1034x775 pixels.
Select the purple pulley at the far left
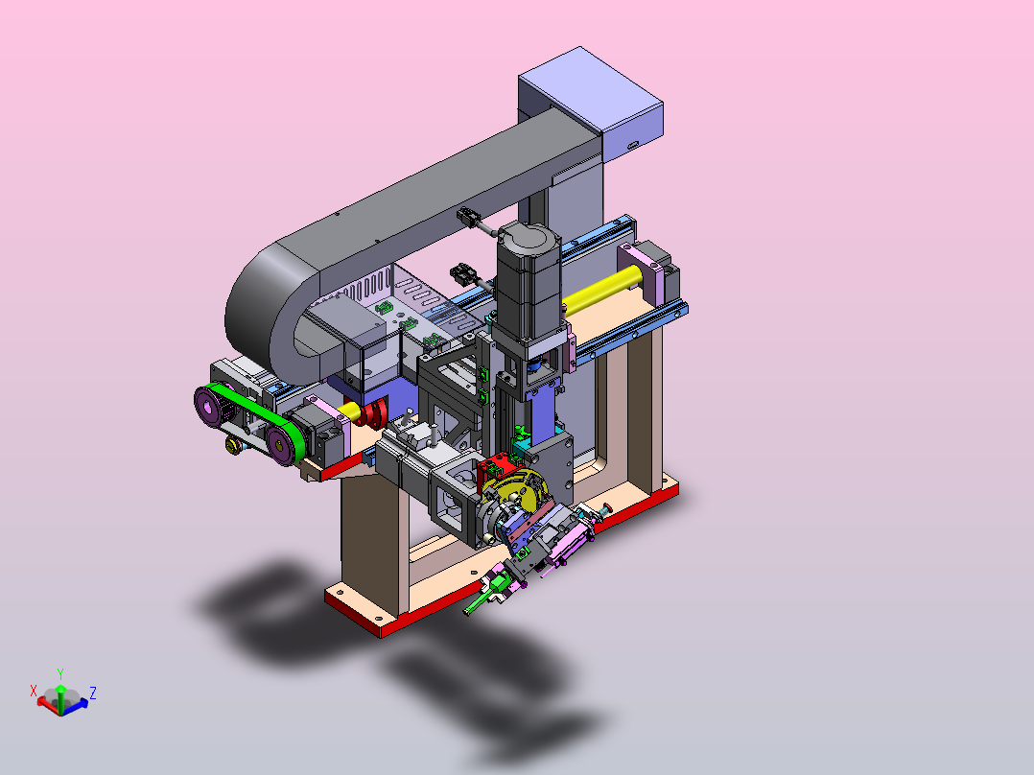click(x=212, y=407)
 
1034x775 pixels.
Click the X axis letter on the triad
click(x=34, y=691)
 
